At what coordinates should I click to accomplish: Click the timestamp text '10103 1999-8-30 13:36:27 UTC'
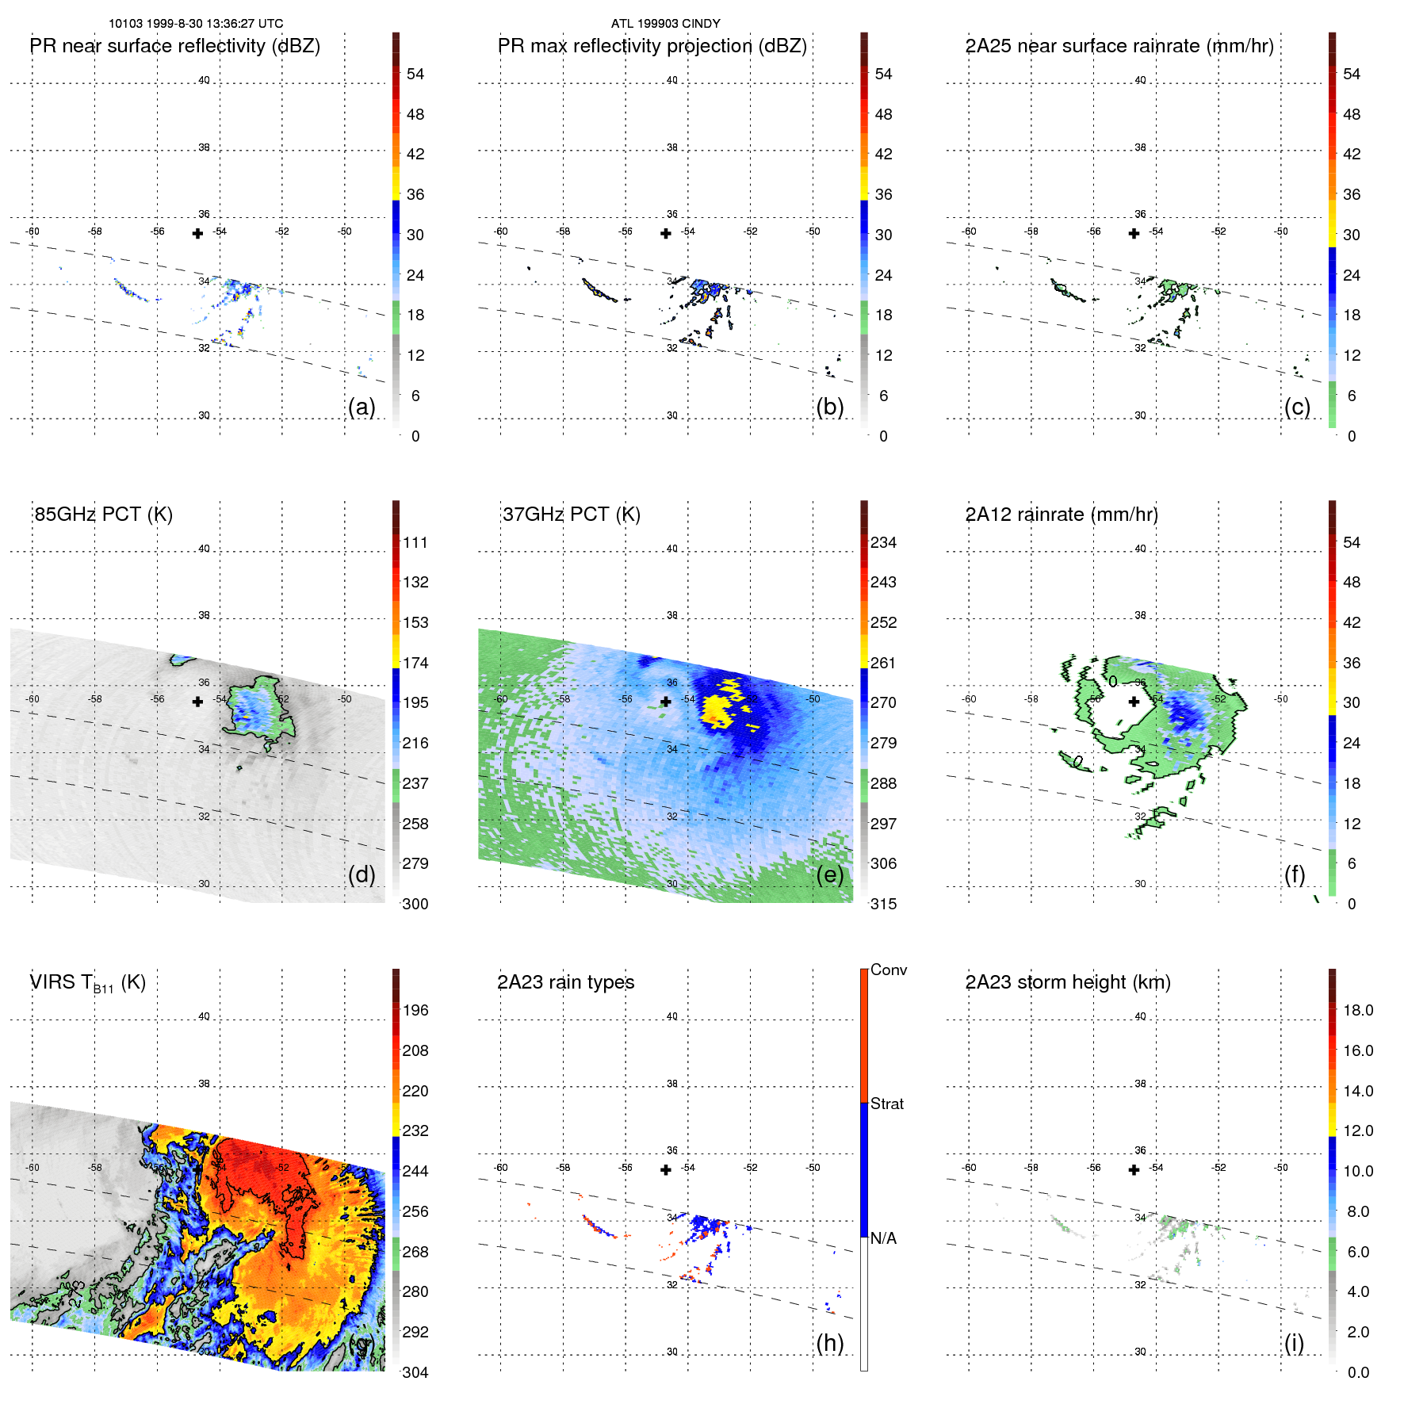coord(195,24)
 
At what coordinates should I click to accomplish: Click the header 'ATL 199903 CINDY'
coord(665,24)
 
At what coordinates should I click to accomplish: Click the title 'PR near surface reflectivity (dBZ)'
coord(175,46)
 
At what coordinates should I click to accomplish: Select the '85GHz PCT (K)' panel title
coord(104,515)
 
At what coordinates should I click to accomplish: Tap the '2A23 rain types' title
coord(565,982)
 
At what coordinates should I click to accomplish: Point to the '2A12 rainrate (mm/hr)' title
coord(1062,515)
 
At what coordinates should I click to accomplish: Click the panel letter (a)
coord(362,407)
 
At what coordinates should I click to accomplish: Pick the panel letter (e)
coord(829,874)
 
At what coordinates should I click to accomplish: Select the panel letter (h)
coord(829,1343)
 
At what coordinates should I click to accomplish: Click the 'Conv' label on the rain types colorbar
coord(888,970)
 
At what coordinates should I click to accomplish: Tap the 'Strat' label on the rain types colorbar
coord(886,1104)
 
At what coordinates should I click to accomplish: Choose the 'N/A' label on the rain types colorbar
coord(883,1238)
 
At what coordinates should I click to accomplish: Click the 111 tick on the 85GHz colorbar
coord(415,542)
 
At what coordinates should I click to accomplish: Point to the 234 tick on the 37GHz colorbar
coord(883,542)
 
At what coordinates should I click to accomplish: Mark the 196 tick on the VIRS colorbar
coord(415,1010)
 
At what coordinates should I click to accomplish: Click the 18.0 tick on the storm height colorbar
coord(1358,1010)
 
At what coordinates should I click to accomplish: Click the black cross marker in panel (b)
coord(666,233)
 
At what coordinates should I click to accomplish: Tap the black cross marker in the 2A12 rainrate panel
coord(1134,702)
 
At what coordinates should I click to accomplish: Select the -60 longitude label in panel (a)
coord(33,231)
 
